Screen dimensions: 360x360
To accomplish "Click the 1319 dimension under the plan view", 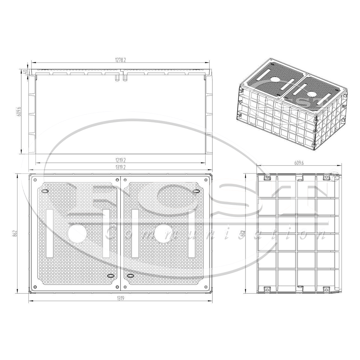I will (120, 298).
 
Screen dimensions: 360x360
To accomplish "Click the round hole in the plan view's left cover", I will (78, 233).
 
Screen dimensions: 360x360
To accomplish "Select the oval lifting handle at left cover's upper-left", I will (44, 191).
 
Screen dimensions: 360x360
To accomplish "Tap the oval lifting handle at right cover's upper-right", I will (196, 191).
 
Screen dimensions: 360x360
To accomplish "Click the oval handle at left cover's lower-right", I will (111, 275).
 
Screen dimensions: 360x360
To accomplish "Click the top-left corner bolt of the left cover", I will (35, 179).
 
